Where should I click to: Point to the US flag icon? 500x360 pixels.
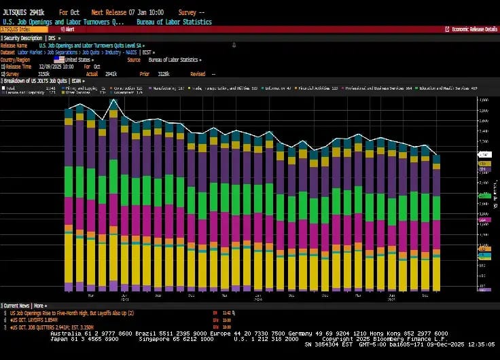[59, 60]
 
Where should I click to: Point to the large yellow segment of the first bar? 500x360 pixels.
[69, 262]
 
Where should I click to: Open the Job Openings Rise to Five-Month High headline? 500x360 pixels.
[72, 312]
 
